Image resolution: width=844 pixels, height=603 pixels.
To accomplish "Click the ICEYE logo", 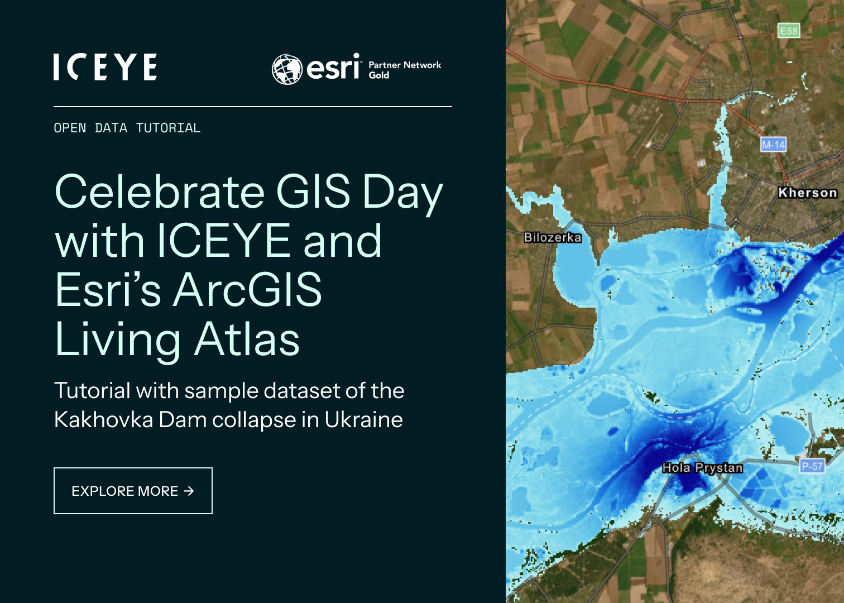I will click(105, 67).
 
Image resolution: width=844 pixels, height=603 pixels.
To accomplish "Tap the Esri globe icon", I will click(287, 69).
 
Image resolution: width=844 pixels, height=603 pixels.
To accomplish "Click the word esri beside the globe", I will click(333, 68).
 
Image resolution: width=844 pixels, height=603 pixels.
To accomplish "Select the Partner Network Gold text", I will click(404, 70).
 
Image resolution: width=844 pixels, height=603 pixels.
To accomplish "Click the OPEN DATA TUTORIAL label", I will click(127, 128).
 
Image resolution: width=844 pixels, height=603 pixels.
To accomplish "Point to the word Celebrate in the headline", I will click(160, 192).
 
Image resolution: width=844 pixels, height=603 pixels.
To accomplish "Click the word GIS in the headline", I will click(313, 192).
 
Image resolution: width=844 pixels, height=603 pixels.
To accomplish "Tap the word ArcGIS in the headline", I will click(247, 290).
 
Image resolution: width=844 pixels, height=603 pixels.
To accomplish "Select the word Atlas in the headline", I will click(247, 339).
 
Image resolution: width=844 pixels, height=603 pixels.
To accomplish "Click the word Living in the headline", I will click(118, 339).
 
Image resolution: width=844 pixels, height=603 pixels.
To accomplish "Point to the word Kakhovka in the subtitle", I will click(103, 420).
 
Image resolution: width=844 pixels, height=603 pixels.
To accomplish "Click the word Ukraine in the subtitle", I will click(363, 420).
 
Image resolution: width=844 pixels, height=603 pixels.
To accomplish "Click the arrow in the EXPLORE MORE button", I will click(189, 491).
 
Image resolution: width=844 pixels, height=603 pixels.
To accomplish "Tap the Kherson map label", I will click(807, 193).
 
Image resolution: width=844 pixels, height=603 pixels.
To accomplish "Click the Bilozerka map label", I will click(552, 237).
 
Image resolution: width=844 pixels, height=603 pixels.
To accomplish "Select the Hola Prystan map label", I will click(702, 468).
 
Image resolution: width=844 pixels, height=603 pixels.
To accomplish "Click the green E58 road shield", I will click(788, 31).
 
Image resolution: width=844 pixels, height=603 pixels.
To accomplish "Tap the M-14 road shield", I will click(773, 145).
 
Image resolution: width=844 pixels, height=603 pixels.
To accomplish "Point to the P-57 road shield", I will click(812, 466).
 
